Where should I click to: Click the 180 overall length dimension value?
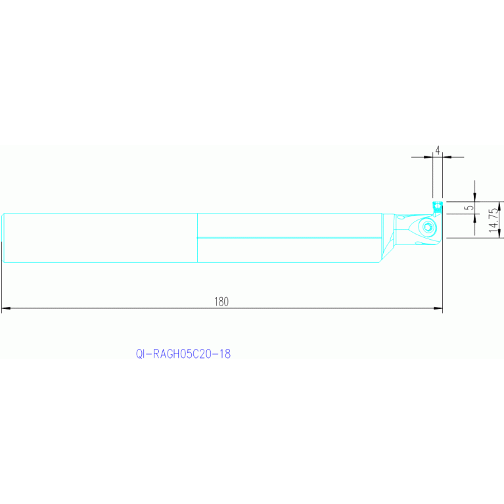(x=221, y=302)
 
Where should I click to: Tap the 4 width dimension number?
(x=438, y=151)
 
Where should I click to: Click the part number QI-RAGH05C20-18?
(x=183, y=354)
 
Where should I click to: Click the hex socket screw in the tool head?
(x=428, y=228)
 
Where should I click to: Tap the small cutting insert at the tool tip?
(x=436, y=206)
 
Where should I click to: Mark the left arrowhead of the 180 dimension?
(x=5, y=308)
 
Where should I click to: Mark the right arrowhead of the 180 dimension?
(x=438, y=308)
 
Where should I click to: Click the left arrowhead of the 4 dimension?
(x=430, y=157)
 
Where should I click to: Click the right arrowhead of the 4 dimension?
(x=446, y=157)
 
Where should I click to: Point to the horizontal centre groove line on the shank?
(x=289, y=237)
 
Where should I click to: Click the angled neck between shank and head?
(x=389, y=238)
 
